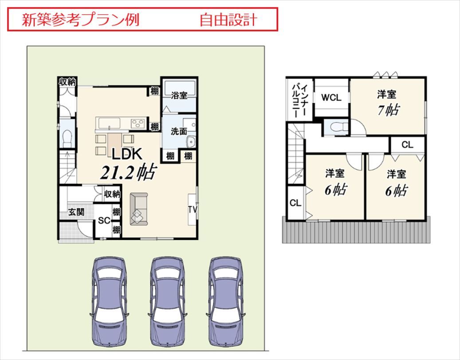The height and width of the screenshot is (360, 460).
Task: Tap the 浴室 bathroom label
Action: point(179,95)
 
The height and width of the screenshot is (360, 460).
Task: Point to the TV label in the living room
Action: point(192,209)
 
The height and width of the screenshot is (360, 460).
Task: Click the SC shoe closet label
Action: point(104,221)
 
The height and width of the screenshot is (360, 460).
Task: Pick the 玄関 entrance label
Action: point(76,212)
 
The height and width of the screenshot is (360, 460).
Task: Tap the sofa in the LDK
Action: point(139,210)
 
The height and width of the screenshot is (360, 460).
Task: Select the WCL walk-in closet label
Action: point(331,98)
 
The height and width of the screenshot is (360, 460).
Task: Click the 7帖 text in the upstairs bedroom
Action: point(387,110)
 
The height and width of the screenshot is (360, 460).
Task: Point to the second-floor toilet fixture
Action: point(336,127)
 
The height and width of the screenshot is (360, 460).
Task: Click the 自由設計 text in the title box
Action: point(228,20)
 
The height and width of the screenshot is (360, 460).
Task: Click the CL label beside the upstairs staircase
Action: point(295,203)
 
